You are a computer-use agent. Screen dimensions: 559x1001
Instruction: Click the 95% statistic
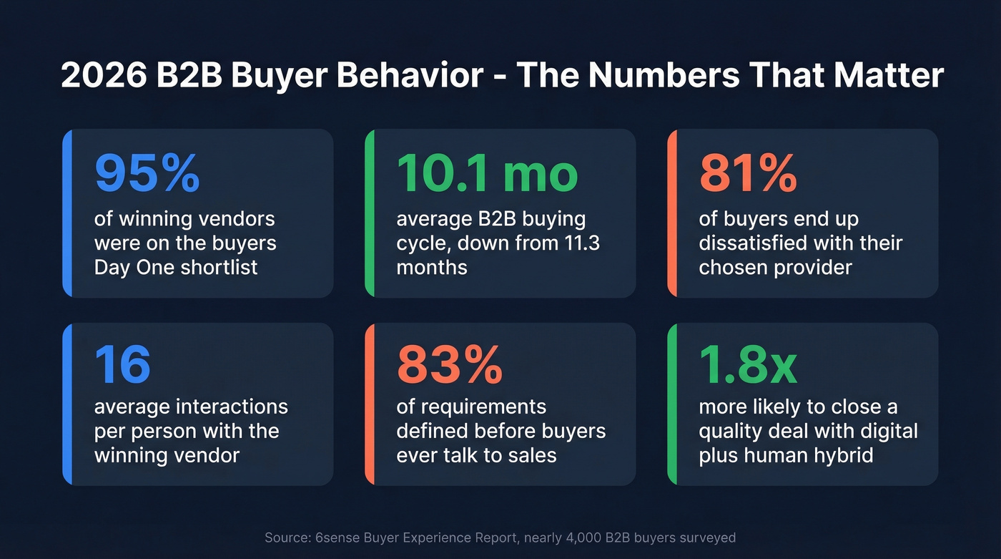pos(147,173)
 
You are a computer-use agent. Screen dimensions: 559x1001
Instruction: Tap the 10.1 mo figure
pos(487,173)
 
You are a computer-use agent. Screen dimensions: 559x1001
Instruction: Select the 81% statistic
pos(747,173)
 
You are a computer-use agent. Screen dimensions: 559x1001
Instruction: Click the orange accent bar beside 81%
pos(671,213)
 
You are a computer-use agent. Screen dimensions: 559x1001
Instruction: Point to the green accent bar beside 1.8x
pos(671,404)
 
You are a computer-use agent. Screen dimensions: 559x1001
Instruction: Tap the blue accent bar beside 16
pos(66,404)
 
